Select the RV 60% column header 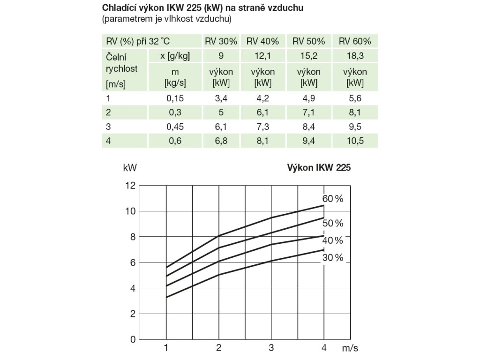[x=355, y=41]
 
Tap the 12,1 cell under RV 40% [x=262, y=56]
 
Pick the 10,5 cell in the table [x=355, y=141]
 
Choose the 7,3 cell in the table [x=262, y=127]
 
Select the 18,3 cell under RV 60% [x=355, y=56]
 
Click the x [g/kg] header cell [x=175, y=56]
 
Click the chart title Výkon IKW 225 [x=319, y=167]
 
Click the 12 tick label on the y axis [x=130, y=186]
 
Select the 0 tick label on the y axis [x=133, y=339]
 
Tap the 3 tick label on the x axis [x=271, y=348]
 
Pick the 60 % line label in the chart [x=333, y=199]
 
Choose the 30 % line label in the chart [x=333, y=258]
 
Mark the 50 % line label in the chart [x=333, y=223]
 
